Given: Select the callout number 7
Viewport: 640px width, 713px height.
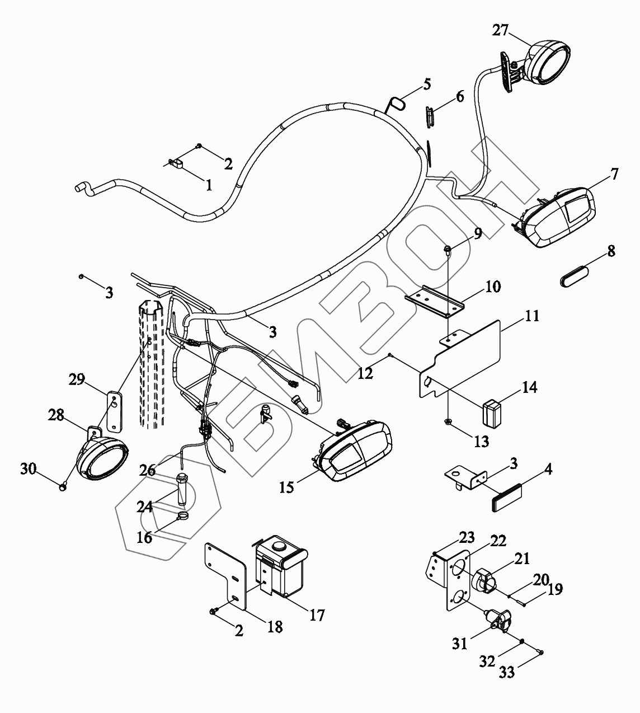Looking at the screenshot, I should coord(614,174).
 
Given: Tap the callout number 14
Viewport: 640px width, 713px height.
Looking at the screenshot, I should coord(529,387).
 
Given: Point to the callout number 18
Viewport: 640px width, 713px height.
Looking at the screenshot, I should coord(275,626).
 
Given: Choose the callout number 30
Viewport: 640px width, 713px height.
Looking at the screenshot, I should coord(29,468).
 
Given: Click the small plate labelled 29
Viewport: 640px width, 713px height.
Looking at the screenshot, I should coord(114,411).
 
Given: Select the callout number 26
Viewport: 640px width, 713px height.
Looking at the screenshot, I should coord(148,470).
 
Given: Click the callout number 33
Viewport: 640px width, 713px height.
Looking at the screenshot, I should coord(507,672).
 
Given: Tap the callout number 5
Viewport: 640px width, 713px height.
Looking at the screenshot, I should coord(427,85).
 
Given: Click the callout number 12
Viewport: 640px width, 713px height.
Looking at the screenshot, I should coord(365,373).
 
